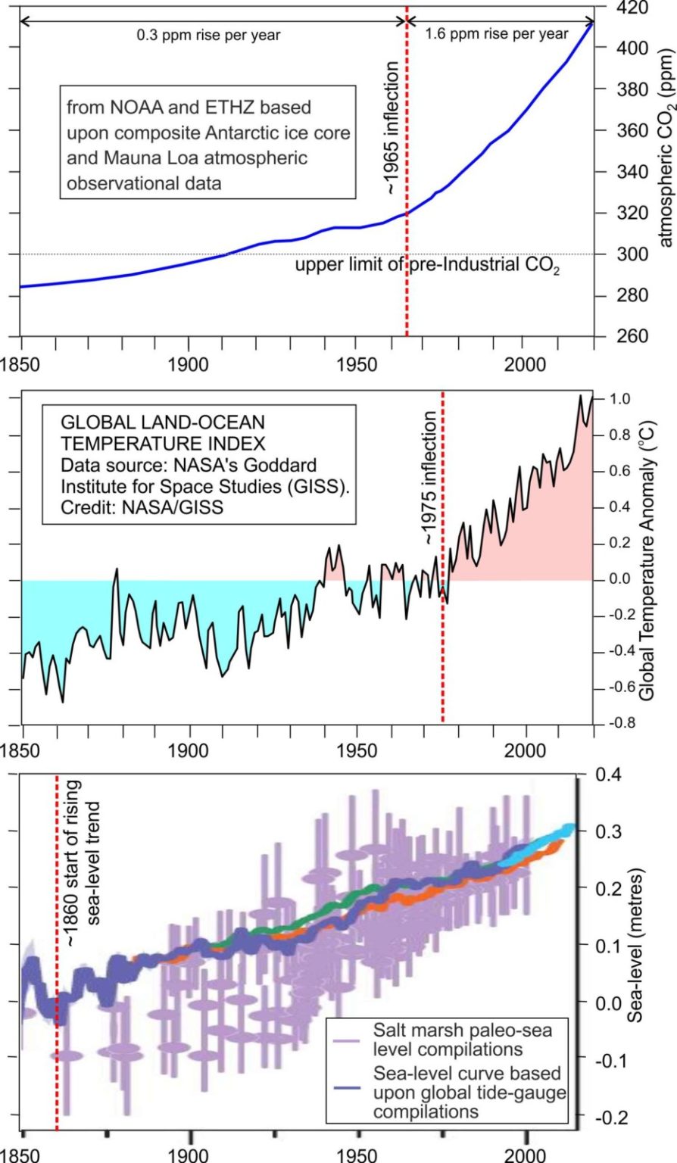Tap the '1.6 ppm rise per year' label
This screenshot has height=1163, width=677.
(497, 33)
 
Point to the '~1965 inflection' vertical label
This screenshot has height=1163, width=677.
(391, 129)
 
